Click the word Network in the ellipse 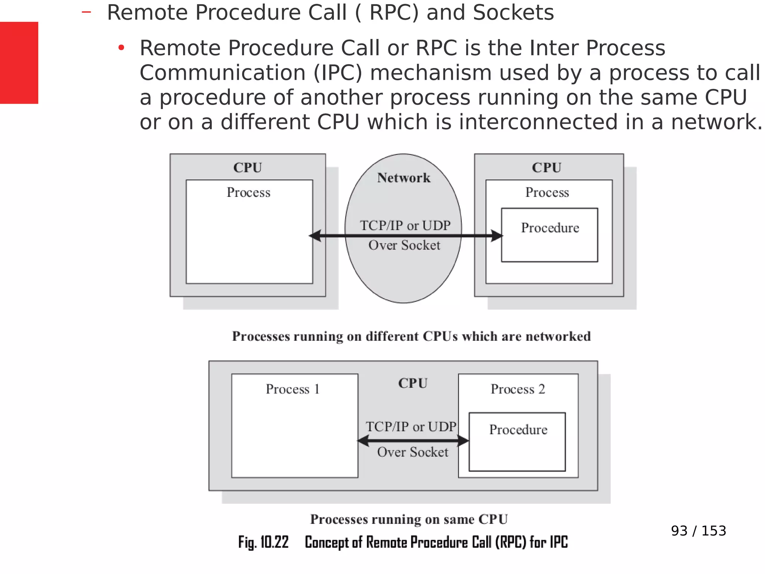point(403,178)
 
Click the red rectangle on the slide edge point(19,63)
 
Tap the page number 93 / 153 point(698,531)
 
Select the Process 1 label point(292,389)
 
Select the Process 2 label point(518,389)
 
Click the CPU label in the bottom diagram point(412,383)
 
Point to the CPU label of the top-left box point(247,168)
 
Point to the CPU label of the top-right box point(546,168)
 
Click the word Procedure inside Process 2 point(518,430)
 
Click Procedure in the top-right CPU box point(550,228)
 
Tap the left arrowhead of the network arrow point(315,236)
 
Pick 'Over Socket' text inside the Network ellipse point(404,246)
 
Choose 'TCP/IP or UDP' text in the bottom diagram point(411,427)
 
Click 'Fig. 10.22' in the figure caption point(263,542)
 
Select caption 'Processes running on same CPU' point(409,519)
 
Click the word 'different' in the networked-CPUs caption point(392,336)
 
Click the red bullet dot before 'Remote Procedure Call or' point(121,48)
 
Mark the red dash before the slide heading point(86,12)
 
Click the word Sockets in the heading point(513,12)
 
